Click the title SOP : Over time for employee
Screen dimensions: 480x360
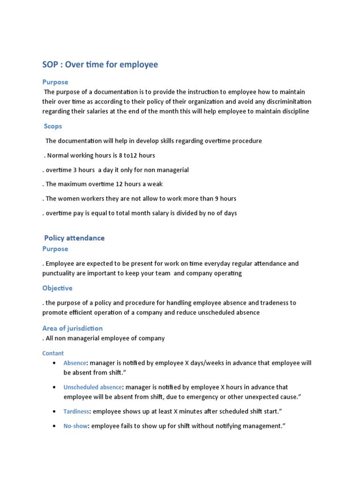(x=100, y=64)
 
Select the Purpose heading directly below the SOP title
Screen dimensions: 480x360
(x=55, y=82)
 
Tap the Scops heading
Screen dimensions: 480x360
(x=53, y=126)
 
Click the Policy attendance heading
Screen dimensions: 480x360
(x=74, y=238)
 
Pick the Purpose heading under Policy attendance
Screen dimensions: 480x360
(x=55, y=249)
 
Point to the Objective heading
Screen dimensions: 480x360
(x=57, y=288)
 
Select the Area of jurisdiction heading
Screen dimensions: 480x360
(x=72, y=328)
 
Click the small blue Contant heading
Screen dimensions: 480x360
(x=53, y=353)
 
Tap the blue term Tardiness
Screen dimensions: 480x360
(x=76, y=412)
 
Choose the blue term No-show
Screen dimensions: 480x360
(x=75, y=426)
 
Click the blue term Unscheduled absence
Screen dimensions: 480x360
(x=93, y=387)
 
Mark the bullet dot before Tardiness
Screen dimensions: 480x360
(x=55, y=412)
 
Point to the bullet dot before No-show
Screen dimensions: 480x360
(x=55, y=426)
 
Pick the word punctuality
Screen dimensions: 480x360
(x=60, y=273)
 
